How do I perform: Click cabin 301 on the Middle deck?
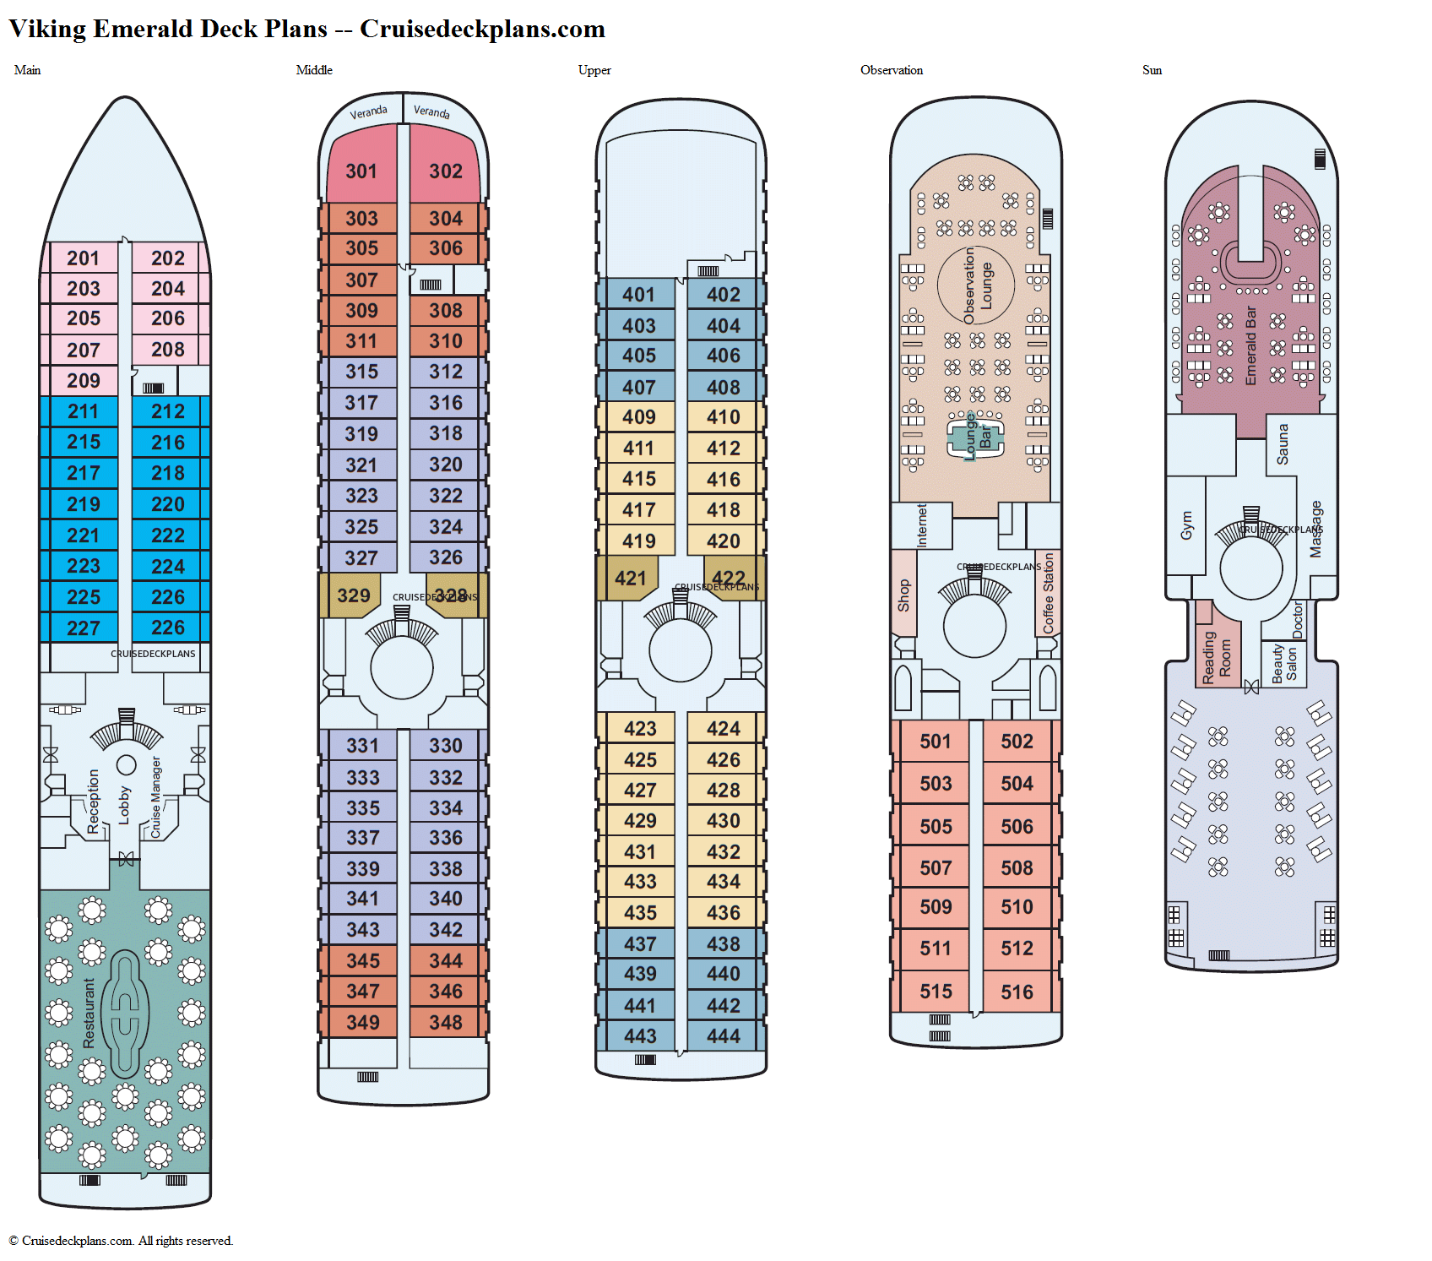[x=361, y=171]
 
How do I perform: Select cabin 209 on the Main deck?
[x=84, y=381]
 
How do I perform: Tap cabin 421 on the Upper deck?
[x=631, y=579]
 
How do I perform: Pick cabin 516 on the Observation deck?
[x=1017, y=992]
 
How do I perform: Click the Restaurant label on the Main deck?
[x=89, y=1014]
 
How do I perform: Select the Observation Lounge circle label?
[x=977, y=285]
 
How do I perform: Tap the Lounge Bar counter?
[x=977, y=437]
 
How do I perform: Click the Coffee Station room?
[x=1048, y=593]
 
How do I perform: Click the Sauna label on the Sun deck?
[x=1283, y=444]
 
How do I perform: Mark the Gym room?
[x=1186, y=525]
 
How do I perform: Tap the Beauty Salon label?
[x=1283, y=664]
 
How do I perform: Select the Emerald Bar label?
[x=1251, y=346]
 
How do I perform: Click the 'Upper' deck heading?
[x=594, y=70]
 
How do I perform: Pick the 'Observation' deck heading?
[x=891, y=70]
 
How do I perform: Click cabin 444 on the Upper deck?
[x=724, y=1036]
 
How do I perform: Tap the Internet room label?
[x=921, y=525]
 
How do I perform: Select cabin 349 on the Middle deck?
[x=362, y=1023]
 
